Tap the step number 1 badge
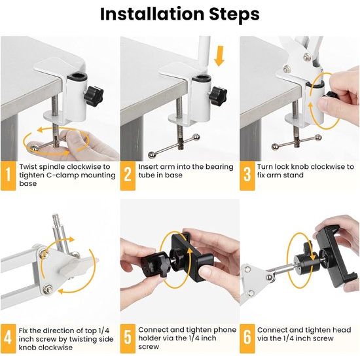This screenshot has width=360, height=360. [9, 175]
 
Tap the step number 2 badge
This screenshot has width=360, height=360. [128, 175]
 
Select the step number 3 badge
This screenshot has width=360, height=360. [247, 175]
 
